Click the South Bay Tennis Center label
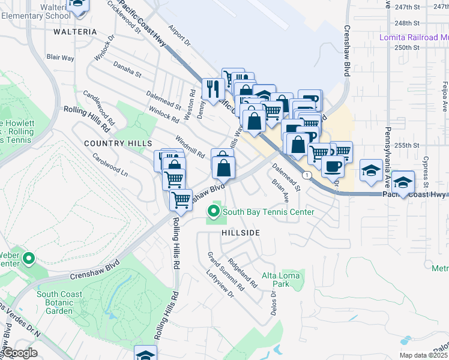(x=268, y=212)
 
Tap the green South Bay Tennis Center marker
(x=213, y=211)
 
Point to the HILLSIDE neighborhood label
(x=241, y=232)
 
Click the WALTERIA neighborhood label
(x=75, y=31)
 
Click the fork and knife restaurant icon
(x=212, y=89)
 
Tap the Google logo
(x=19, y=353)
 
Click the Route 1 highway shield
(x=307, y=175)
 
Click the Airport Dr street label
(x=179, y=35)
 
